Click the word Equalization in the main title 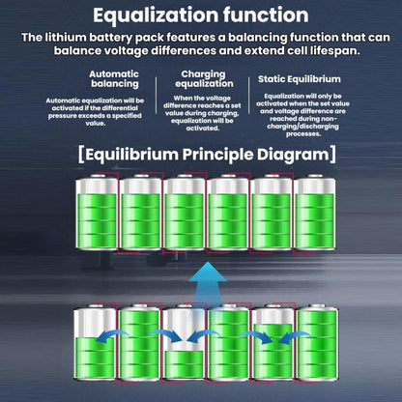(156, 15)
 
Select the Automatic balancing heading (114, 78)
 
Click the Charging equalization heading (204, 78)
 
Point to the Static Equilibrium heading (300, 79)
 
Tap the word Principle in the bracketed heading (217, 155)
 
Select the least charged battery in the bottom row (184, 342)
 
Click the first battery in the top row (97, 212)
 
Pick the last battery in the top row (315, 212)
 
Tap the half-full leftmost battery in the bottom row (95, 342)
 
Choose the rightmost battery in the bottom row (317, 342)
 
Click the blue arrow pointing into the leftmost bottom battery (112, 335)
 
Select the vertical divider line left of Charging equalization (157, 96)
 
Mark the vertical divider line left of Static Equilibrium (249, 96)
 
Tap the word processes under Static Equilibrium (303, 134)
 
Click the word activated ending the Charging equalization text (203, 129)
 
